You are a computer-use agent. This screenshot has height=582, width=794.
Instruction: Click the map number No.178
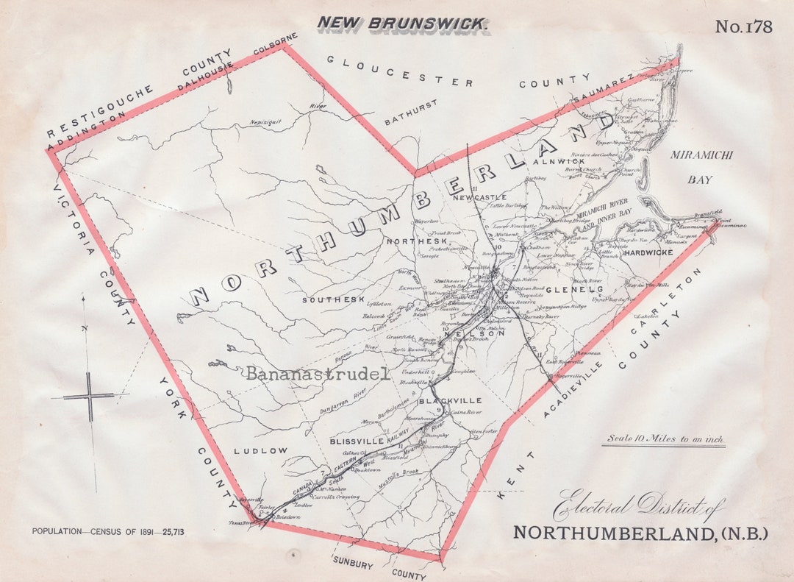[743, 27]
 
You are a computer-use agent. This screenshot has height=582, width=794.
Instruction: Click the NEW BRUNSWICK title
[402, 23]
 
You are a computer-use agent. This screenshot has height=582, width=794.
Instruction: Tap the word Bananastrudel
[317, 374]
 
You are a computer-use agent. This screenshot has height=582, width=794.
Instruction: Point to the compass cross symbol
[90, 397]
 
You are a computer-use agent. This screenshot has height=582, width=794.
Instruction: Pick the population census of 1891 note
[107, 530]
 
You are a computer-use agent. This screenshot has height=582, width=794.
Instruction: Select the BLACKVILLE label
[450, 401]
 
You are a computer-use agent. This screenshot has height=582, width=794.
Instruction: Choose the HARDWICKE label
[648, 252]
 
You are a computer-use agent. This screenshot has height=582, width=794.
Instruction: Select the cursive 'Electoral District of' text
[638, 507]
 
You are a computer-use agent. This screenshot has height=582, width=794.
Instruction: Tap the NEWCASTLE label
[480, 197]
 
